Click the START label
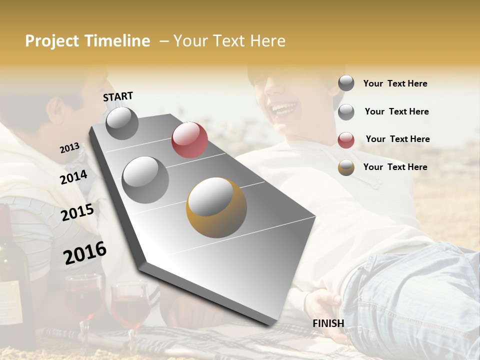click(x=118, y=96)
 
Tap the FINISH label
click(x=328, y=323)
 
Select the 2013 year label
click(x=69, y=148)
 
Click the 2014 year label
click(x=73, y=177)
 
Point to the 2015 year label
click(x=77, y=212)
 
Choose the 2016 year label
click(x=85, y=252)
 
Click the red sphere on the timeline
click(x=189, y=140)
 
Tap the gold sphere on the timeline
click(x=216, y=207)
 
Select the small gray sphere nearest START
click(x=122, y=123)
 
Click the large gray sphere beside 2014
click(x=145, y=179)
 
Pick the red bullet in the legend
click(x=346, y=140)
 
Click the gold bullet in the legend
click(x=346, y=167)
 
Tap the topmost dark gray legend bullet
click(x=346, y=83)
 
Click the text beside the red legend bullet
click(x=397, y=139)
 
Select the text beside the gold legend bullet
click(x=395, y=167)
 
